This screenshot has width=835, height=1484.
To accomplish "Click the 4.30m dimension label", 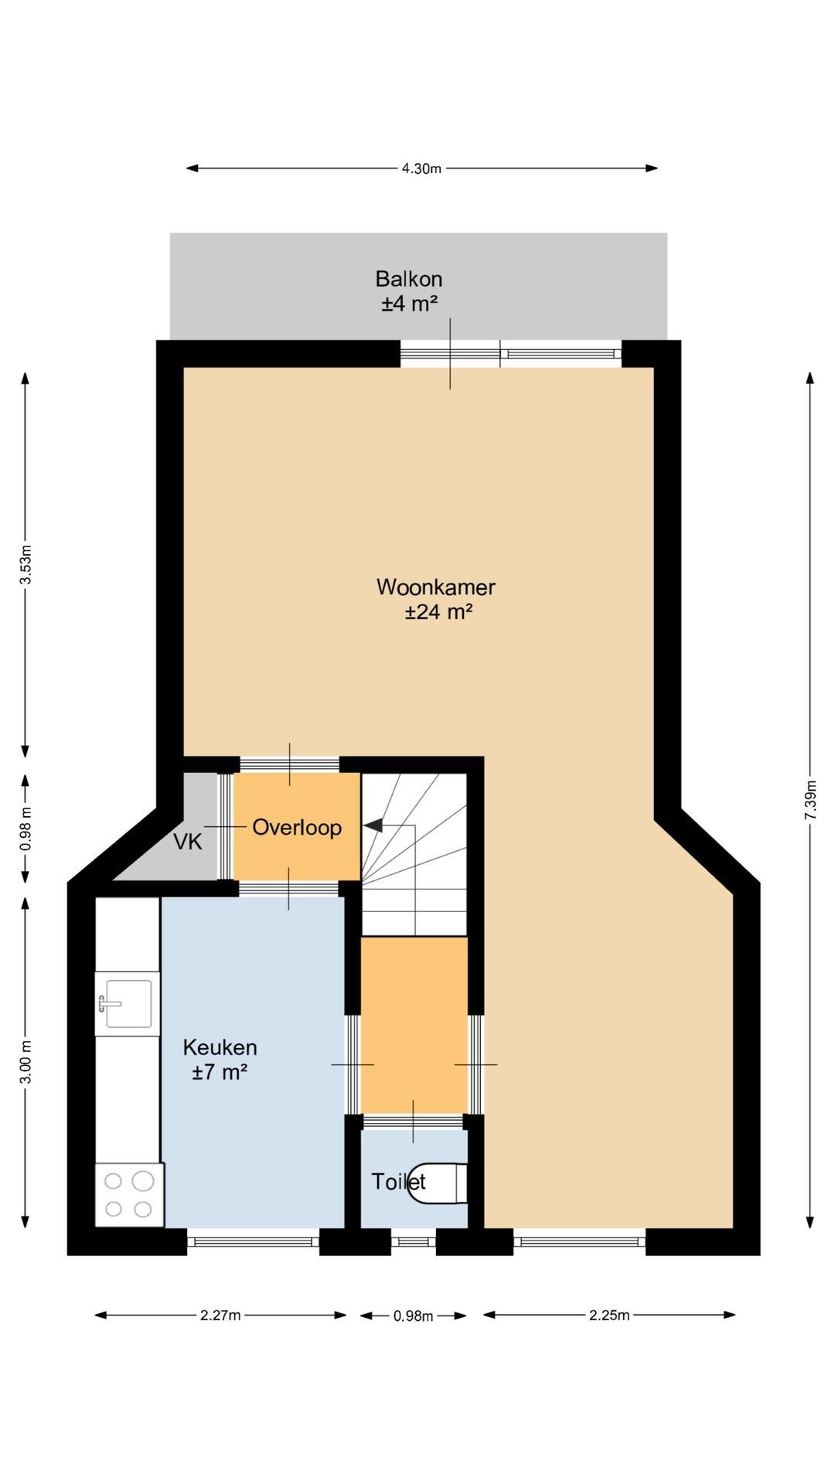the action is [x=421, y=168].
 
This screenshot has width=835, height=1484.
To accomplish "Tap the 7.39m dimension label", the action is [x=810, y=801].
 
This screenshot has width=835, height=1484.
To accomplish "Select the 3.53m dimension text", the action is [x=26, y=566].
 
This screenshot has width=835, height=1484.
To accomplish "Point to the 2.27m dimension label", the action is [x=220, y=1315].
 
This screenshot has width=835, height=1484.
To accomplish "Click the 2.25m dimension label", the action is [x=609, y=1315].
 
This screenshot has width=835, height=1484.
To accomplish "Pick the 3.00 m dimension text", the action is [x=26, y=1062].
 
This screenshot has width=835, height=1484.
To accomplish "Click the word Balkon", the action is [x=409, y=278].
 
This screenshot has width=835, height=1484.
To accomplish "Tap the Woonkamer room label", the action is [x=436, y=587].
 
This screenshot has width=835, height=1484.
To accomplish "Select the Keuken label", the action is [x=220, y=1047].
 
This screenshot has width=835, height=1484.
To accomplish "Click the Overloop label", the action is [x=297, y=827].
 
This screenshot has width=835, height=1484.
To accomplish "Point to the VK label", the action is [x=188, y=842].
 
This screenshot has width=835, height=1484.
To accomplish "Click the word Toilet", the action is [x=398, y=1181].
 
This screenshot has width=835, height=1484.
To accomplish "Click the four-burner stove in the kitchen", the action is [x=129, y=1194].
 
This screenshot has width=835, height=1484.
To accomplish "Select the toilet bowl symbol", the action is [x=438, y=1183].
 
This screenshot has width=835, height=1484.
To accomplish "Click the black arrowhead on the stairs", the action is [x=373, y=825].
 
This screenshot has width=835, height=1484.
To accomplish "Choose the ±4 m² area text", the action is [x=409, y=303].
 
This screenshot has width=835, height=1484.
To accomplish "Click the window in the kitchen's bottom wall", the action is [x=254, y=1241].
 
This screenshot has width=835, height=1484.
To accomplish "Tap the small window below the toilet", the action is [x=414, y=1241].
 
